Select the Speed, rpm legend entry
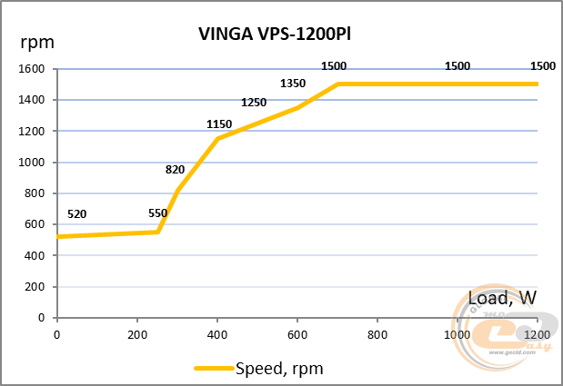pyautogui.click(x=259, y=369)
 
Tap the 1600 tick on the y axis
pyautogui.click(x=32, y=69)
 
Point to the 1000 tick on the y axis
pyautogui.click(x=32, y=163)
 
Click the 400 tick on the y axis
pyautogui.click(x=35, y=255)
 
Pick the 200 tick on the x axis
pyautogui.click(x=137, y=333)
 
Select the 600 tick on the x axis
pyautogui.click(x=297, y=333)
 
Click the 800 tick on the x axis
pyautogui.click(x=377, y=333)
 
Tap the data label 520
pyautogui.click(x=77, y=214)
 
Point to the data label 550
pyautogui.click(x=158, y=214)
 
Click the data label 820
pyautogui.click(x=176, y=170)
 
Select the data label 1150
pyautogui.click(x=219, y=124)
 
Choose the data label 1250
pyautogui.click(x=254, y=103)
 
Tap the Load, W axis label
pyautogui.click(x=501, y=298)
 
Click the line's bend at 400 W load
pyautogui.click(x=217, y=139)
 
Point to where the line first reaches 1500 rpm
pyautogui.click(x=337, y=84)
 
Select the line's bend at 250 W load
pyautogui.click(x=157, y=232)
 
